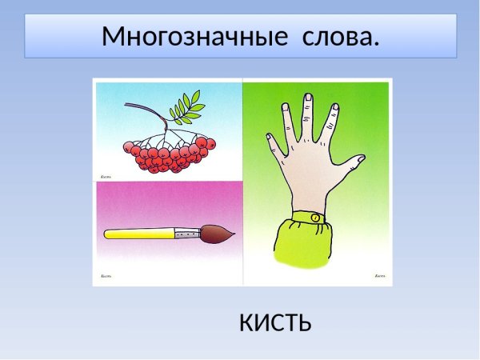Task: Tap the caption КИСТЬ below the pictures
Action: [274, 322]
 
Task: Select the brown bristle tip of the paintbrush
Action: [219, 233]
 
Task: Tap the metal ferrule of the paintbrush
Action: [188, 233]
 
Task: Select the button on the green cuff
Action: [316, 218]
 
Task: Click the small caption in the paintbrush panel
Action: [106, 276]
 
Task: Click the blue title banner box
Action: [240, 36]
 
